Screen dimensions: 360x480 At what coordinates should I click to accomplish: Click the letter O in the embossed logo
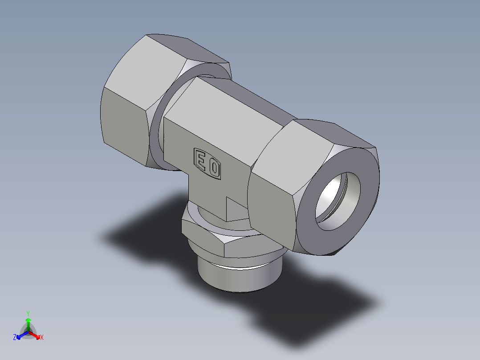click(x=214, y=168)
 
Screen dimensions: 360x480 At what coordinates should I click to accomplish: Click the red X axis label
click(x=42, y=337)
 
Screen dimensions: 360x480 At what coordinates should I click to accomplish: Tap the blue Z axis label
click(x=15, y=337)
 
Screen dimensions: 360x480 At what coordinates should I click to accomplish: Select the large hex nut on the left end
click(x=129, y=107)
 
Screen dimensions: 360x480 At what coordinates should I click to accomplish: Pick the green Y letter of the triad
click(x=28, y=313)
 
